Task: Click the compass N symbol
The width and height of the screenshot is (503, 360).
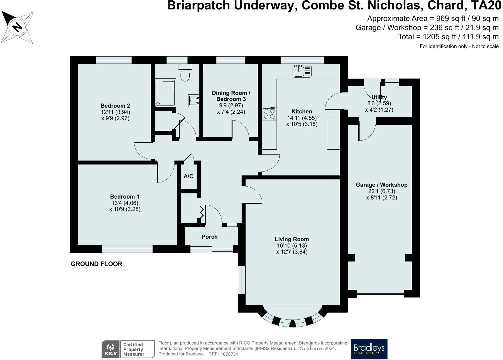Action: pyautogui.click(x=17, y=27)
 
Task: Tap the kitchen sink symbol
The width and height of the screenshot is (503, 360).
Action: pyautogui.click(x=302, y=71)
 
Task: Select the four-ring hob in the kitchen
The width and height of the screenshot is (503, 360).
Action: pyautogui.click(x=269, y=113)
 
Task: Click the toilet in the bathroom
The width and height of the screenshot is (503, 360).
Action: pyautogui.click(x=185, y=72)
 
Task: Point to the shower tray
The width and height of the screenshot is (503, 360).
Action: pyautogui.click(x=165, y=92)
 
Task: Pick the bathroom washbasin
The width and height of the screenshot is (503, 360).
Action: pyautogui.click(x=194, y=100)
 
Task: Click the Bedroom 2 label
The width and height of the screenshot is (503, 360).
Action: pyautogui.click(x=115, y=106)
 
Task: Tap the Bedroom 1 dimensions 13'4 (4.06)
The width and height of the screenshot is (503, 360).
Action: pyautogui.click(x=125, y=203)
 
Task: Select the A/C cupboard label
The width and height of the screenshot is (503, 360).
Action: pyautogui.click(x=188, y=176)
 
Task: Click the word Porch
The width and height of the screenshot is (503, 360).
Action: pyautogui.click(x=209, y=237)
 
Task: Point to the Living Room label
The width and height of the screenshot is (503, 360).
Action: pyautogui.click(x=292, y=239)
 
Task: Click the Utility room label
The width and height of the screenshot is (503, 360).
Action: pyautogui.click(x=379, y=97)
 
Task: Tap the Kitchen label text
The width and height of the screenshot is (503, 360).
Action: pyautogui.click(x=302, y=111)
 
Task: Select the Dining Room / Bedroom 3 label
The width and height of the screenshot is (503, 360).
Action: pyautogui.click(x=231, y=96)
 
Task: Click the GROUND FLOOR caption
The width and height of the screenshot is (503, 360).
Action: pyautogui.click(x=97, y=264)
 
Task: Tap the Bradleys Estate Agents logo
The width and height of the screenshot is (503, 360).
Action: pyautogui.click(x=369, y=349)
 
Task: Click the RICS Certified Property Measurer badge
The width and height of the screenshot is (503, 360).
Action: pyautogui.click(x=128, y=349)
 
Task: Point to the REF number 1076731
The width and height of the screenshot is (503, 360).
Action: pyautogui.click(x=229, y=354)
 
